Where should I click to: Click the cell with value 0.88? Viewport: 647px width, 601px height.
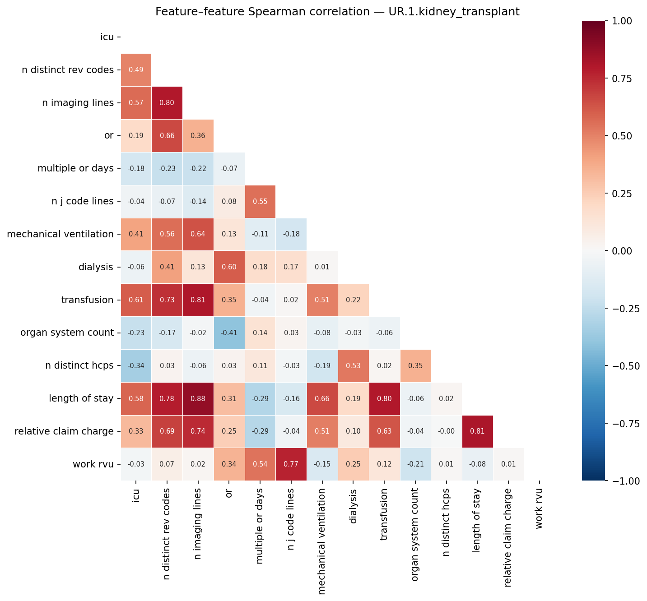(x=198, y=398)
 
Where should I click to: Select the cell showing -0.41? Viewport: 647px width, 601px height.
(x=229, y=333)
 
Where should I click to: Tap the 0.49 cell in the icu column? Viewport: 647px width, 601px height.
(x=136, y=69)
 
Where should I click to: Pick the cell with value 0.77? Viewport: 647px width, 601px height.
(x=291, y=464)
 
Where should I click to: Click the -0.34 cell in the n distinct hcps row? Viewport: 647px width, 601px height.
(x=136, y=365)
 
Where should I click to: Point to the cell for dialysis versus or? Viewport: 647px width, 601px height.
(x=229, y=267)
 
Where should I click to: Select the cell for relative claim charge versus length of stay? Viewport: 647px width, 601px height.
(x=478, y=431)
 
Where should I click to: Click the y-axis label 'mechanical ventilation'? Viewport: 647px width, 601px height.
(x=60, y=234)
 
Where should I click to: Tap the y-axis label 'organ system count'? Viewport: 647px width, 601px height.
(x=67, y=333)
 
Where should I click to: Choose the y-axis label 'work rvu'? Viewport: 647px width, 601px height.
(x=93, y=464)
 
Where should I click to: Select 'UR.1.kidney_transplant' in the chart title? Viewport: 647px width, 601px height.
(x=454, y=12)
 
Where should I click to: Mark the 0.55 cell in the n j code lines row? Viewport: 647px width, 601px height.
(x=260, y=201)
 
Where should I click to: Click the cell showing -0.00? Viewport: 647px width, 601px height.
(x=447, y=431)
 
